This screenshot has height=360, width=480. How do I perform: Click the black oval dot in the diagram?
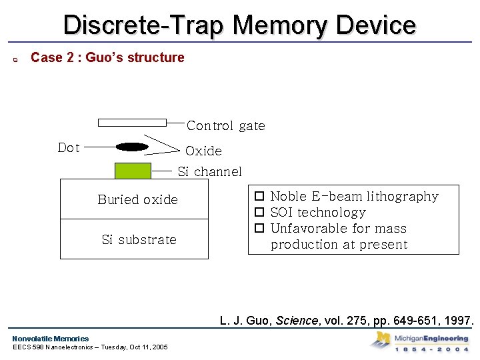133,147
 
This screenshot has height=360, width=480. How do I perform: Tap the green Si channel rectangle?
133,171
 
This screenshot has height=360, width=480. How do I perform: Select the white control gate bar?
132,123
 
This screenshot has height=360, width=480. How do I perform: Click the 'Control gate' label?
225,125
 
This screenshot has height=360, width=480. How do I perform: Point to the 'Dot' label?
69,147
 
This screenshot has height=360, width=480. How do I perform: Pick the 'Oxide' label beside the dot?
203,151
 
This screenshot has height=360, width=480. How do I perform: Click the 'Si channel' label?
209,171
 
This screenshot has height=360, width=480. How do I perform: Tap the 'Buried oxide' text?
137,199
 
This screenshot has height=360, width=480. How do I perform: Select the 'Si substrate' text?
139,239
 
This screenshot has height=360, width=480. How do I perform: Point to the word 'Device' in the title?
376,25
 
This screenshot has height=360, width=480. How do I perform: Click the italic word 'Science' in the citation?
297,321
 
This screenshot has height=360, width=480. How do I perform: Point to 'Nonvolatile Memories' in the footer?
50,338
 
